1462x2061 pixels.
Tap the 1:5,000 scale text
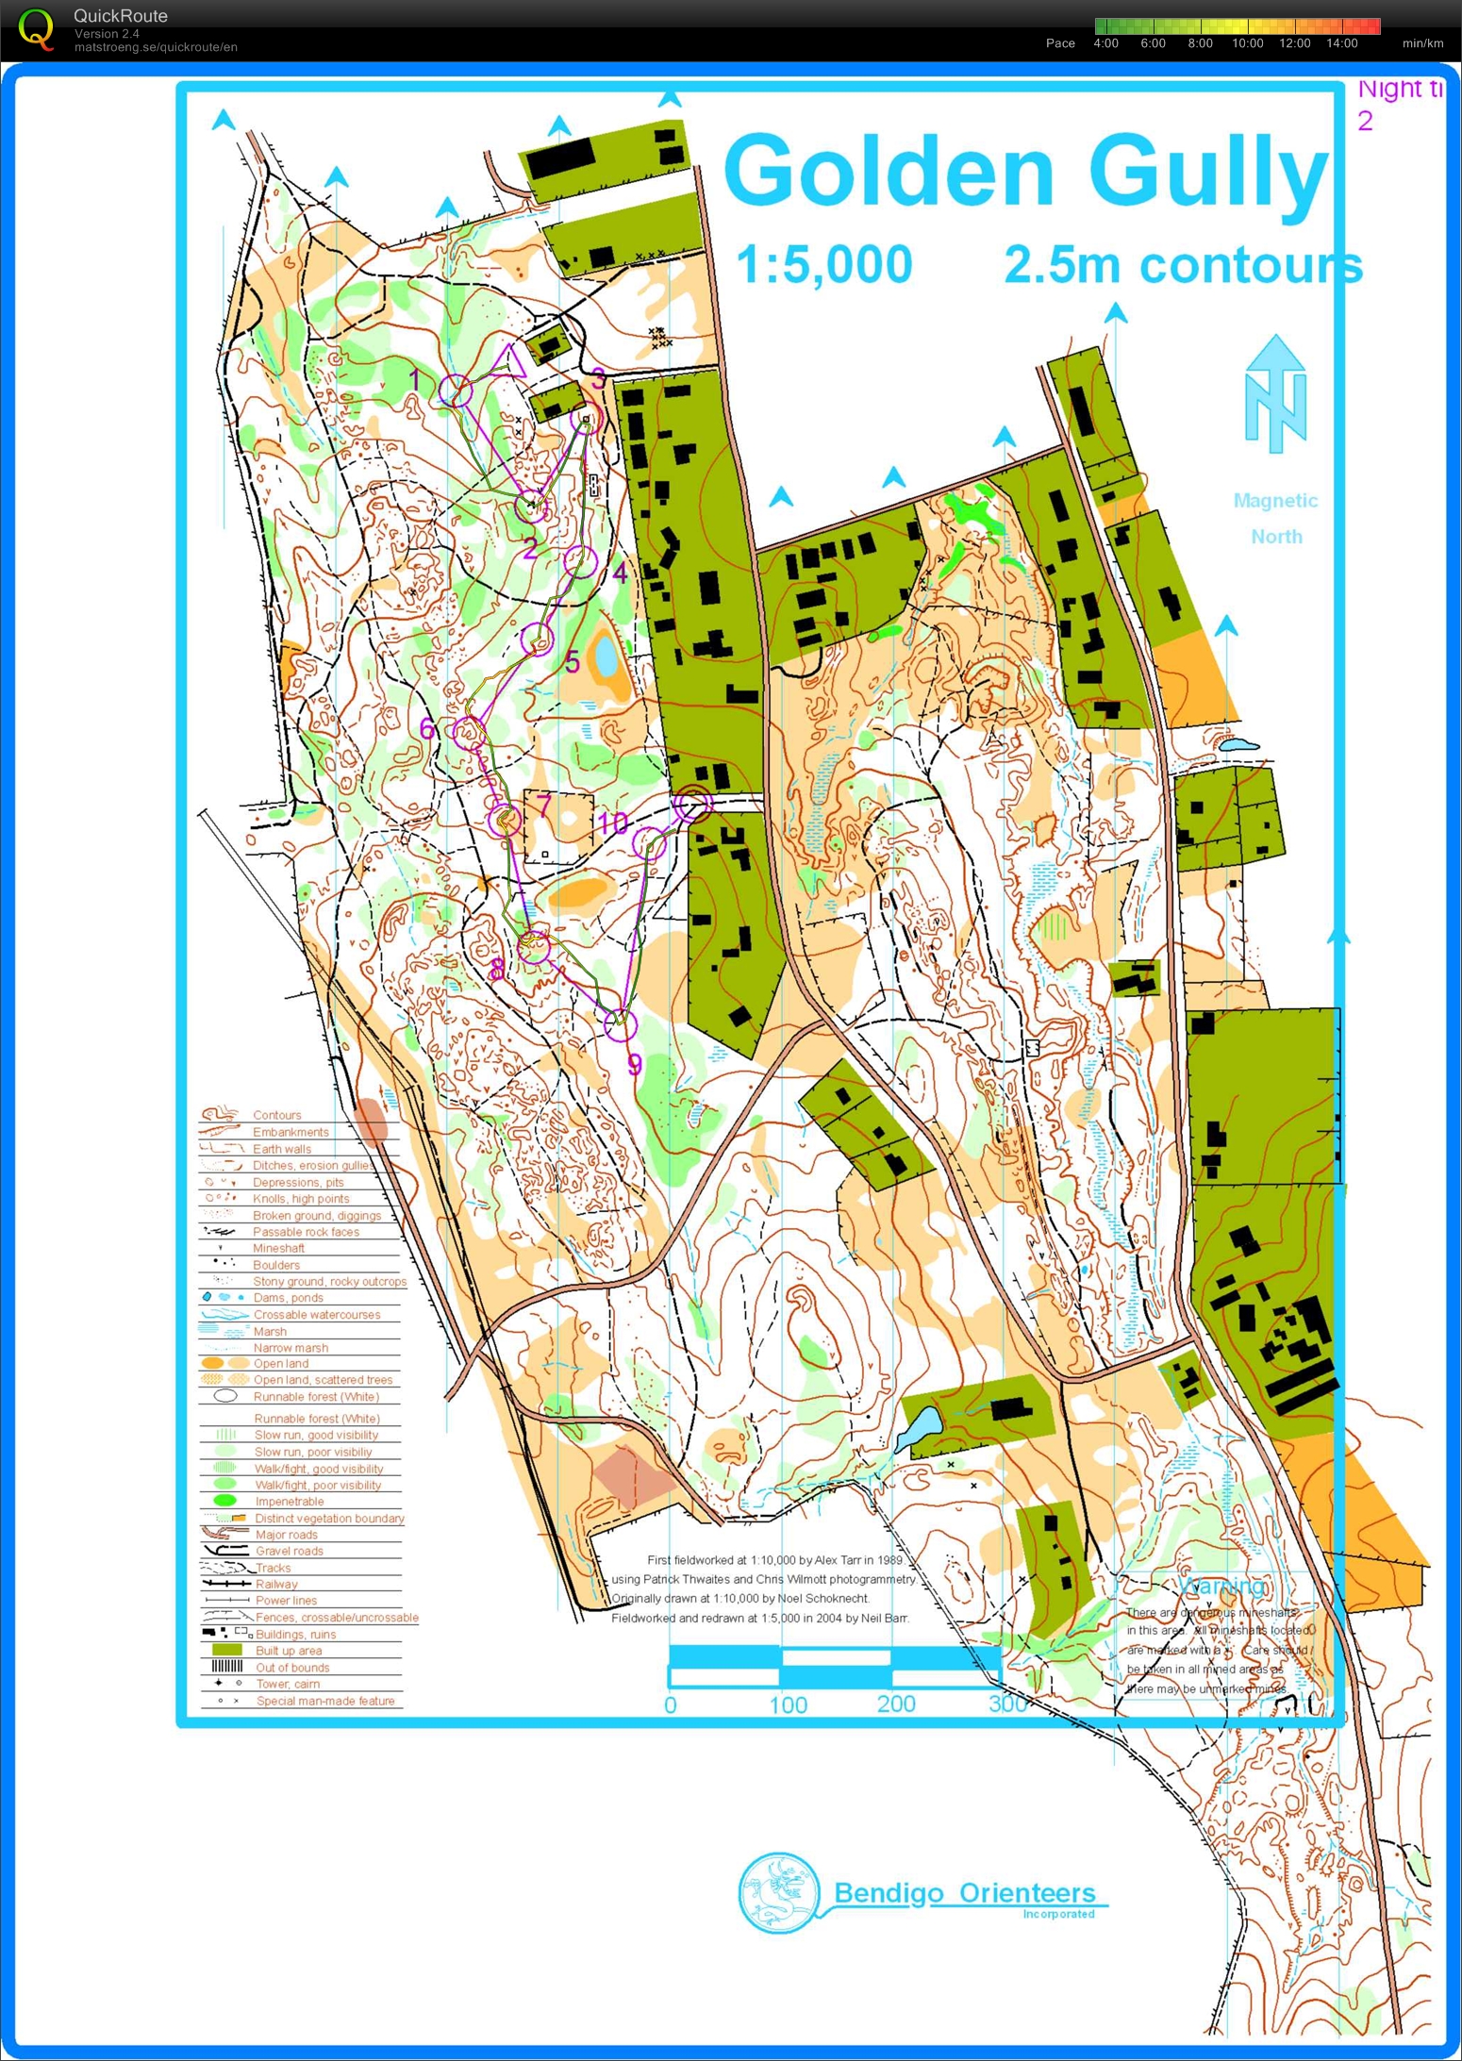tap(823, 265)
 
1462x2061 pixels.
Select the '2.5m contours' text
tap(1183, 265)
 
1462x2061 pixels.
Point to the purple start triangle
tap(507, 363)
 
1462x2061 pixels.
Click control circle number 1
tap(457, 391)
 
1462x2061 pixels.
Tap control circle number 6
tap(469, 732)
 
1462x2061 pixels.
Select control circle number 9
tap(620, 1023)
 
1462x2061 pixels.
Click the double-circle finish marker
tap(692, 804)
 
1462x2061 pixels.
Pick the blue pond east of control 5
tap(604, 656)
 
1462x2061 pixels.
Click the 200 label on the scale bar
tap(895, 1704)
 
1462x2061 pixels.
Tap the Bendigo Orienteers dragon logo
tap(778, 1893)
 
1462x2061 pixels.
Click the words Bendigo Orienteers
tap(964, 1893)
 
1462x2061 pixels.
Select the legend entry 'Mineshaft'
tap(278, 1248)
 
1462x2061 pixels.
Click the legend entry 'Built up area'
tap(288, 1651)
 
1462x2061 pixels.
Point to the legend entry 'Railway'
tap(275, 1584)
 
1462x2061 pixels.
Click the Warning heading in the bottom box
tap(1221, 1585)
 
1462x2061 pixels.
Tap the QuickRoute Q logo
tap(36, 28)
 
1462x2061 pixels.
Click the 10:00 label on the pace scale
tap(1247, 43)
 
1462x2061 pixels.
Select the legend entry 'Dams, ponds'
tap(288, 1298)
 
